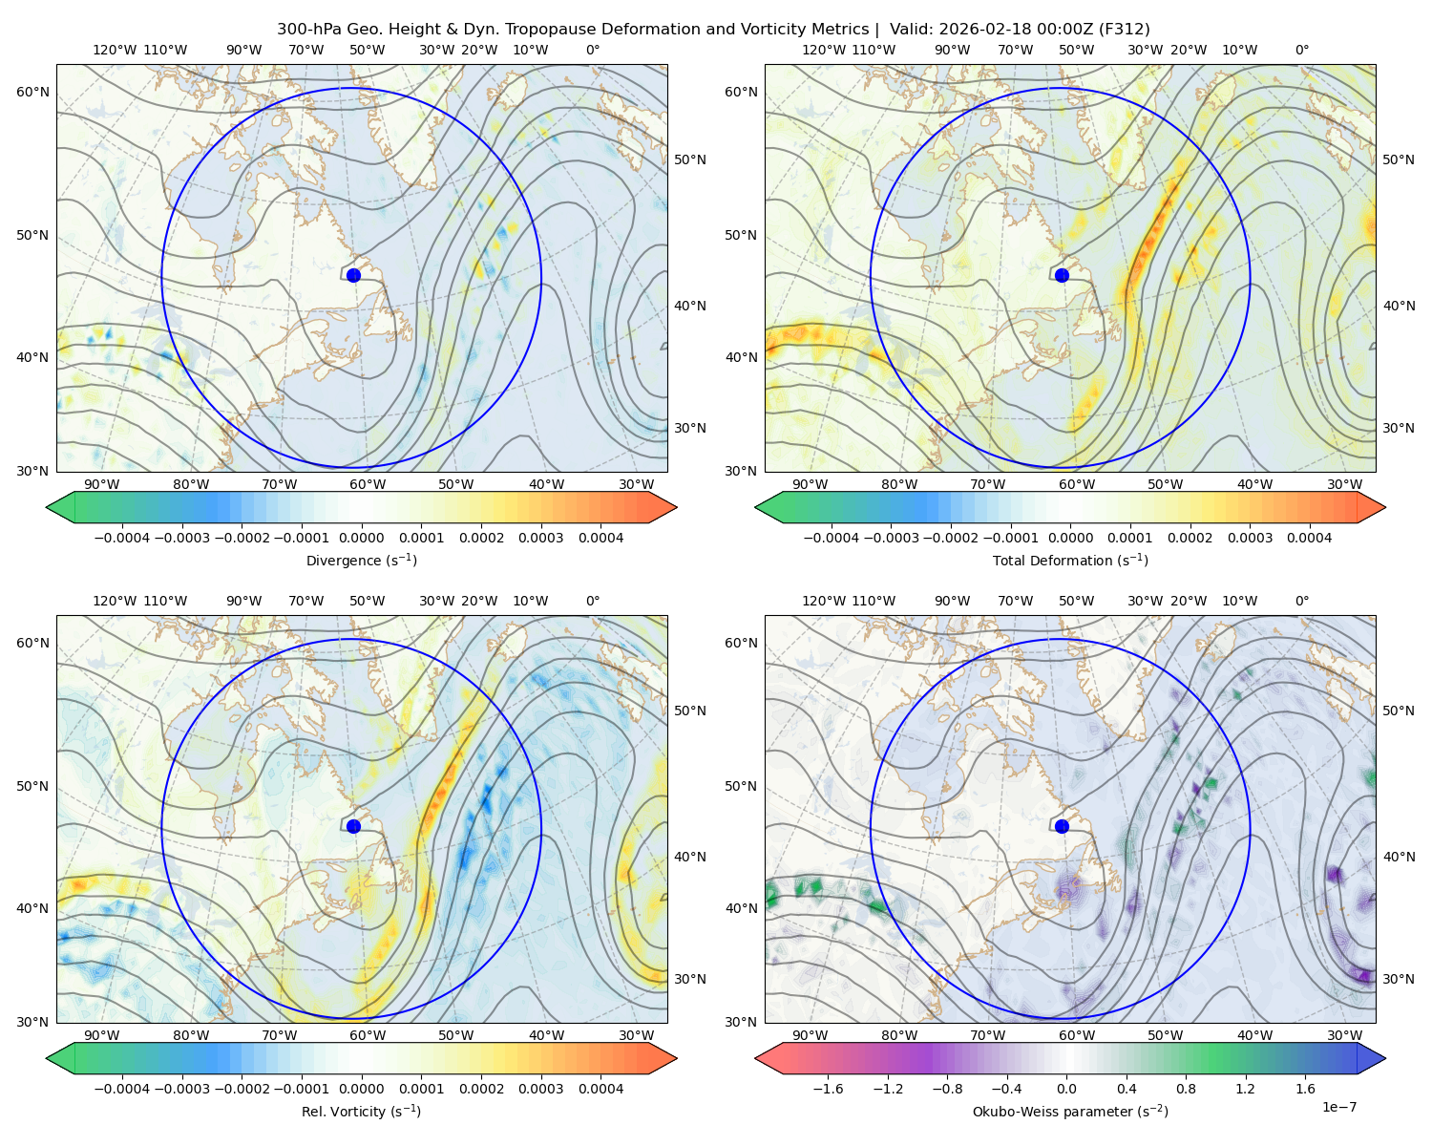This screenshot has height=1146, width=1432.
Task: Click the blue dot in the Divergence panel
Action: [x=353, y=275]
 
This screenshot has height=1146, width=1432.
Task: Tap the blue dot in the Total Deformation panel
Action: [x=1062, y=275]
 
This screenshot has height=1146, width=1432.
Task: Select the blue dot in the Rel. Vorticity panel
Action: [x=353, y=826]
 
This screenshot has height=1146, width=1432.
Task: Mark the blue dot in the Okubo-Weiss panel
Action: [x=1062, y=826]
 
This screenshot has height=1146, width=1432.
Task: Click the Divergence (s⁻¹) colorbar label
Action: [x=361, y=561]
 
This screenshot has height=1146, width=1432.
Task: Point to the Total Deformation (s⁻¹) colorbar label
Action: [x=1070, y=561]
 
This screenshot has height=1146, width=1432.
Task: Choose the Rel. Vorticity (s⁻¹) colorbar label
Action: [x=361, y=1112]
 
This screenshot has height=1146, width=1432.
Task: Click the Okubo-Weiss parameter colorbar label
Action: [x=1070, y=1112]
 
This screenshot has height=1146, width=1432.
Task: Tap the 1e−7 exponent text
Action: [x=1338, y=1107]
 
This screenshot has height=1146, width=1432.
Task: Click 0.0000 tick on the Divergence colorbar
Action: [x=361, y=539]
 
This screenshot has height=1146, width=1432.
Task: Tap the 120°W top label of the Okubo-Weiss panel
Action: [x=823, y=602]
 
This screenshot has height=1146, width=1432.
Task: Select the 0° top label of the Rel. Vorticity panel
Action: [x=593, y=602]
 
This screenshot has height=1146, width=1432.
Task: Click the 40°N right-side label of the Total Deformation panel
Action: [x=1399, y=307]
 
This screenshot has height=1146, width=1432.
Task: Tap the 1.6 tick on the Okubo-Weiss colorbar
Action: [x=1305, y=1090]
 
